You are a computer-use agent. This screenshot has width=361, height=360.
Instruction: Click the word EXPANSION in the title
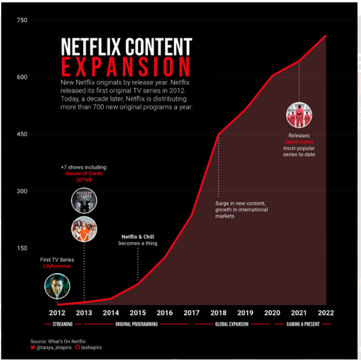126,66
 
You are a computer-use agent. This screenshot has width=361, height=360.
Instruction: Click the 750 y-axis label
21,21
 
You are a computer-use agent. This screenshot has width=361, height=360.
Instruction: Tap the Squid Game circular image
298,116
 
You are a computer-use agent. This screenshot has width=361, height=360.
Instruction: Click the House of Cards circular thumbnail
84,200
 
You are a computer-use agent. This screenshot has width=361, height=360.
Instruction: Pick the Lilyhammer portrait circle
57,287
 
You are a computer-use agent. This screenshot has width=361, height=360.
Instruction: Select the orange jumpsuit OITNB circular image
84,229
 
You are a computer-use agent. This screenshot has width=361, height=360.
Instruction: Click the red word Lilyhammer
57,266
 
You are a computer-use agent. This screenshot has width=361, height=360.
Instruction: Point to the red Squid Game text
298,142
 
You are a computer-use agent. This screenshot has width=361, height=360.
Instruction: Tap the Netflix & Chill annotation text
137,237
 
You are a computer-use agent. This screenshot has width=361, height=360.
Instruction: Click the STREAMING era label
63,324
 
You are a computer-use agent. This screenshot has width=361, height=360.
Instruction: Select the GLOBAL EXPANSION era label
232,324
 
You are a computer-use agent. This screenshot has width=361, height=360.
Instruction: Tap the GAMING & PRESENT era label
303,324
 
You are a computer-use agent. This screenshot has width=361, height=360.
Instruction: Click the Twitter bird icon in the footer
33,348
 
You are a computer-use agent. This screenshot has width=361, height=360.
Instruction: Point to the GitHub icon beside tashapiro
77,348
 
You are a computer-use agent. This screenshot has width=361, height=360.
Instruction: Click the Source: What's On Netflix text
58,341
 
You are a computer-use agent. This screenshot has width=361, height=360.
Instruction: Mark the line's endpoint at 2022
326,36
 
